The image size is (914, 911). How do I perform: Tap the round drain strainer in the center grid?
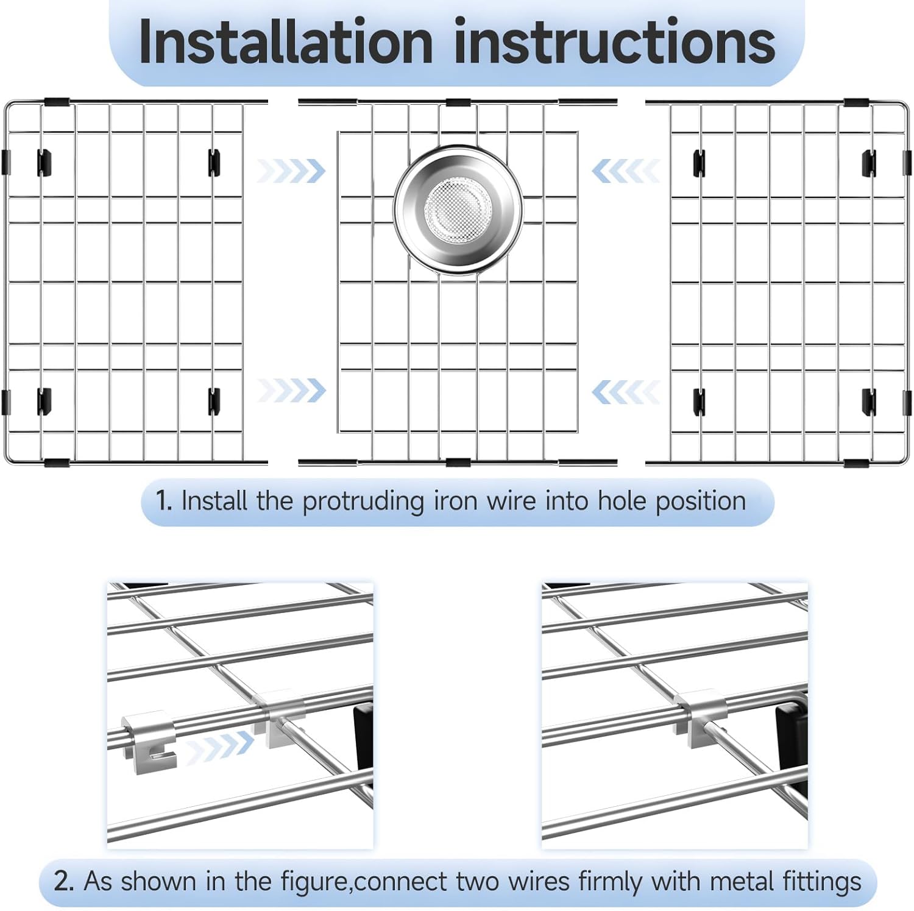click(x=458, y=210)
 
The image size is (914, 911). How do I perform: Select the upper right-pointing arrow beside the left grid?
click(x=291, y=171)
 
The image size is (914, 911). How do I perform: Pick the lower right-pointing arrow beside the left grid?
click(x=291, y=390)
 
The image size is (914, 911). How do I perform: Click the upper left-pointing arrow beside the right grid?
click(x=626, y=171)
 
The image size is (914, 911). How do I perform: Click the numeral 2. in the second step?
click(x=64, y=881)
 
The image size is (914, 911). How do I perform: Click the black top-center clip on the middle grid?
click(x=458, y=102)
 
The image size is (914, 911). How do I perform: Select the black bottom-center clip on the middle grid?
click(x=458, y=463)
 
